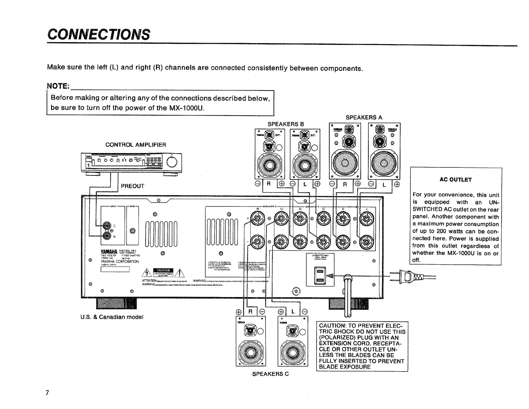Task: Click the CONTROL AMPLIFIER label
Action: click(136, 145)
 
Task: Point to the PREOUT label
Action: click(133, 186)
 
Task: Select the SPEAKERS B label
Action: click(286, 124)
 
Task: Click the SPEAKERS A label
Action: click(364, 117)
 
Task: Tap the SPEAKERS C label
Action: click(271, 374)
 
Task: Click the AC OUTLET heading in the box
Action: click(456, 180)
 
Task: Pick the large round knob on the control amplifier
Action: click(171, 162)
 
